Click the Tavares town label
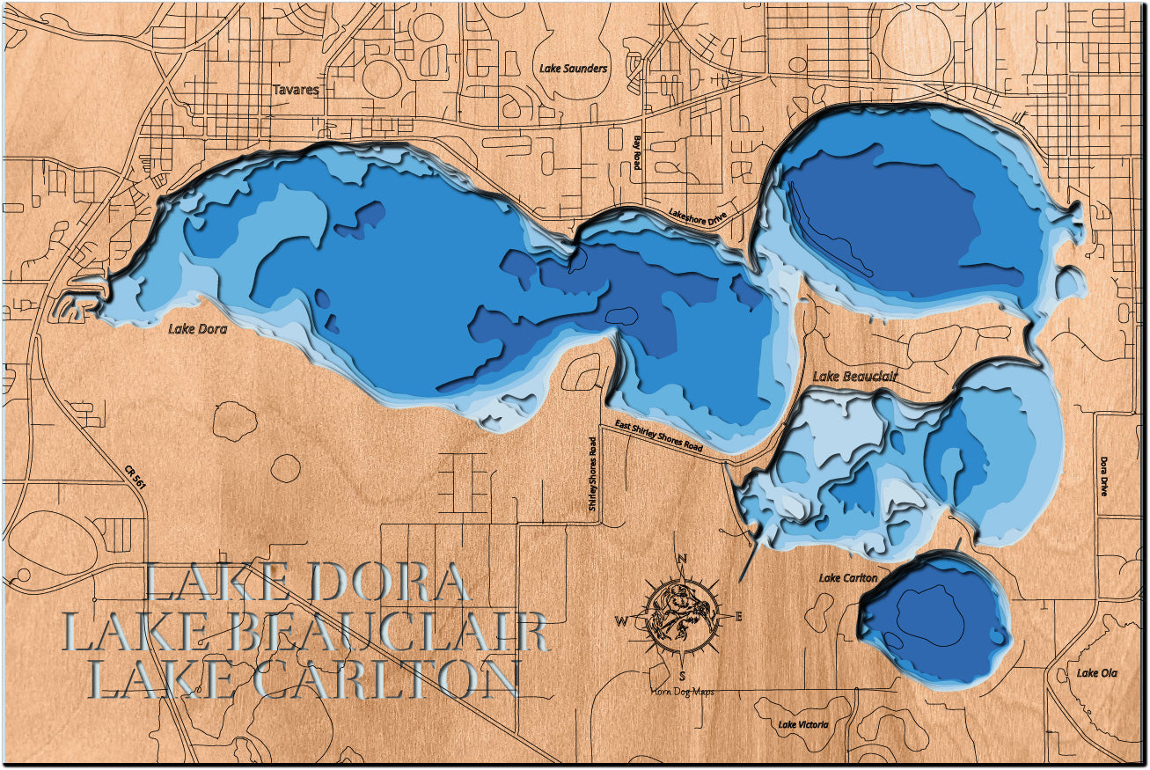coord(294,90)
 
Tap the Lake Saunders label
coord(572,68)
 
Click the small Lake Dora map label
coord(197,329)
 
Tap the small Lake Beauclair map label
coord(855,377)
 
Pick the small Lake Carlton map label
coord(848,578)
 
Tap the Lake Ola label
coord(1096,673)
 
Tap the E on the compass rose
coord(738,616)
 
